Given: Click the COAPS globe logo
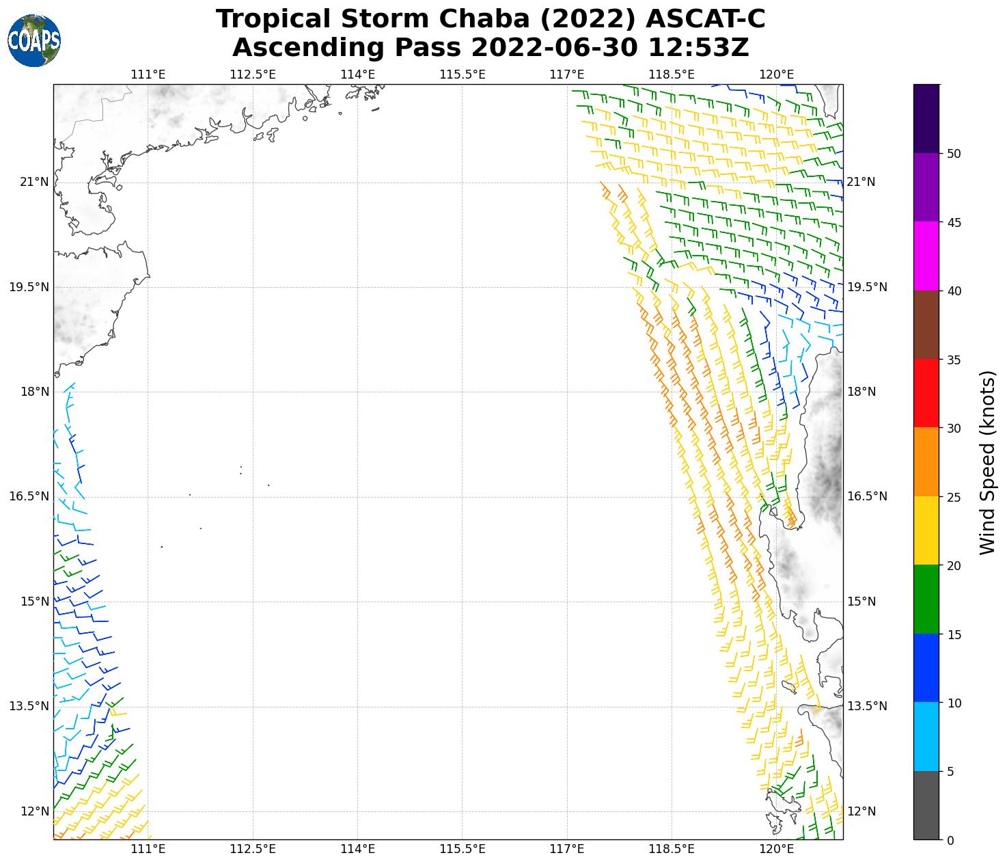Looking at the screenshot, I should pos(34,40).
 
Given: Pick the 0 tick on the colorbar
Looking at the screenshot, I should pos(950,840).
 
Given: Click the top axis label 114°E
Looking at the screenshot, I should pos(357,74).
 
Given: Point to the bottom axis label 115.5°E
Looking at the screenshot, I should pos(463,850).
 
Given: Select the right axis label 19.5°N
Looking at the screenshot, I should pos(867,287).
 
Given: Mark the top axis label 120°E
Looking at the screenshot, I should pos(777,74).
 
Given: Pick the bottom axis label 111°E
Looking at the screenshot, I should pos(148,850).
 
